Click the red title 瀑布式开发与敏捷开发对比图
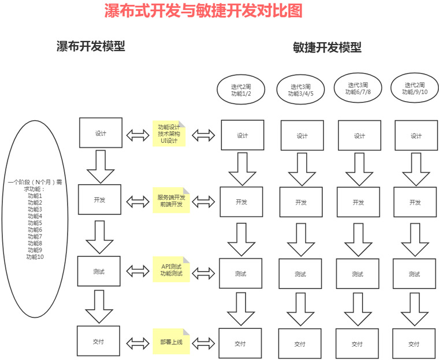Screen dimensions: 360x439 pos(203,11)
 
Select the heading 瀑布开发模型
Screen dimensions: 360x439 pos(91,47)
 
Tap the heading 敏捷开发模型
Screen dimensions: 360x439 pos(327,47)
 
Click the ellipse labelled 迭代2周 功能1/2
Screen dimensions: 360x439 pos(241,90)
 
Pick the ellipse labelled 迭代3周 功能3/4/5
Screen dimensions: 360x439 pos(301,90)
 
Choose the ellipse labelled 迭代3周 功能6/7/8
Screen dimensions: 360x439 pos(358,88)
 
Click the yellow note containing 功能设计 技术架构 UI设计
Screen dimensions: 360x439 pos(169,133)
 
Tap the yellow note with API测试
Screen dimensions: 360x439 pos(170,269)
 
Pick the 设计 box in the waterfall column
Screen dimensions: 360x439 pos(101,133)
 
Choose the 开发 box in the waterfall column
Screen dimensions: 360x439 pos(99,201)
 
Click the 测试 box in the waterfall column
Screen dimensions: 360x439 pos(99,270)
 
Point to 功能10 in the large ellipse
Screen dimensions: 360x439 pos(35,257)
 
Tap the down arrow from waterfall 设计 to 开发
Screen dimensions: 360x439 pos(99,166)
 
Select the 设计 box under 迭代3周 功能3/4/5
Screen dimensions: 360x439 pos(302,136)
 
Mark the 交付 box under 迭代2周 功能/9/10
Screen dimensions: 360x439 pos(414,344)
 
